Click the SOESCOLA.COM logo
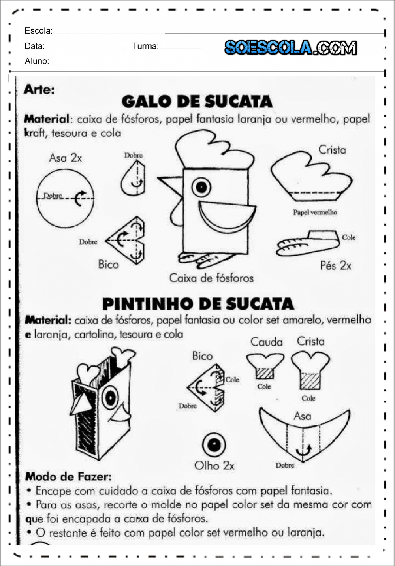[x=291, y=47]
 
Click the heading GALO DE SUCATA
[x=197, y=102]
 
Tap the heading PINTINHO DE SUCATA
[x=198, y=304]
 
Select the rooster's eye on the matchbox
[x=201, y=187]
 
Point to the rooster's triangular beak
[x=170, y=185]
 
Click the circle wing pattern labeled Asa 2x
[x=65, y=199]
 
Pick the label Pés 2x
[x=336, y=265]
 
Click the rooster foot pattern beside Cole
[x=308, y=243]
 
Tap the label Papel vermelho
[x=315, y=212]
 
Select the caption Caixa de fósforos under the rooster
[x=211, y=278]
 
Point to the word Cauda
[x=266, y=342]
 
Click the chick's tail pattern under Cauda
[x=265, y=366]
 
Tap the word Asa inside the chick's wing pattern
[x=302, y=416]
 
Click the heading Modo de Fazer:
[x=68, y=477]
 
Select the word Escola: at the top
[x=39, y=30]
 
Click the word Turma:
[x=146, y=46]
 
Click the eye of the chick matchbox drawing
[x=111, y=398]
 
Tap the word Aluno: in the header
[x=37, y=61]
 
